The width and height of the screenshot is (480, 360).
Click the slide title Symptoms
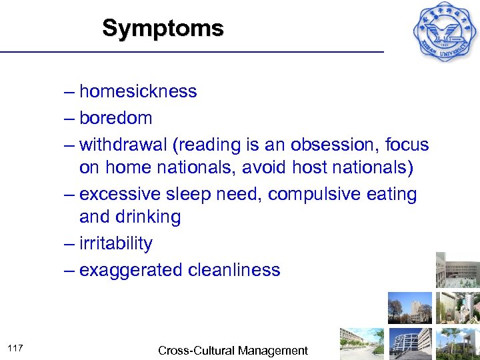coord(163,29)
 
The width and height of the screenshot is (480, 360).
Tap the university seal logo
coord(445,30)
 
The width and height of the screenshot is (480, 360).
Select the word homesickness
coord(138,91)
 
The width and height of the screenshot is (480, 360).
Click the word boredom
coord(115,118)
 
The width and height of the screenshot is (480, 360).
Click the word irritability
coord(115,243)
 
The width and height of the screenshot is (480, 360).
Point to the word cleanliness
coord(234,270)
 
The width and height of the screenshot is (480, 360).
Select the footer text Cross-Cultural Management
coord(233,350)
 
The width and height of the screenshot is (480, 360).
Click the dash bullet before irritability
coord(70,243)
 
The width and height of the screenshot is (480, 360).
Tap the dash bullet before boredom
coord(70,118)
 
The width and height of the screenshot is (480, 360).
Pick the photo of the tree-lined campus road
coord(361,343)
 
